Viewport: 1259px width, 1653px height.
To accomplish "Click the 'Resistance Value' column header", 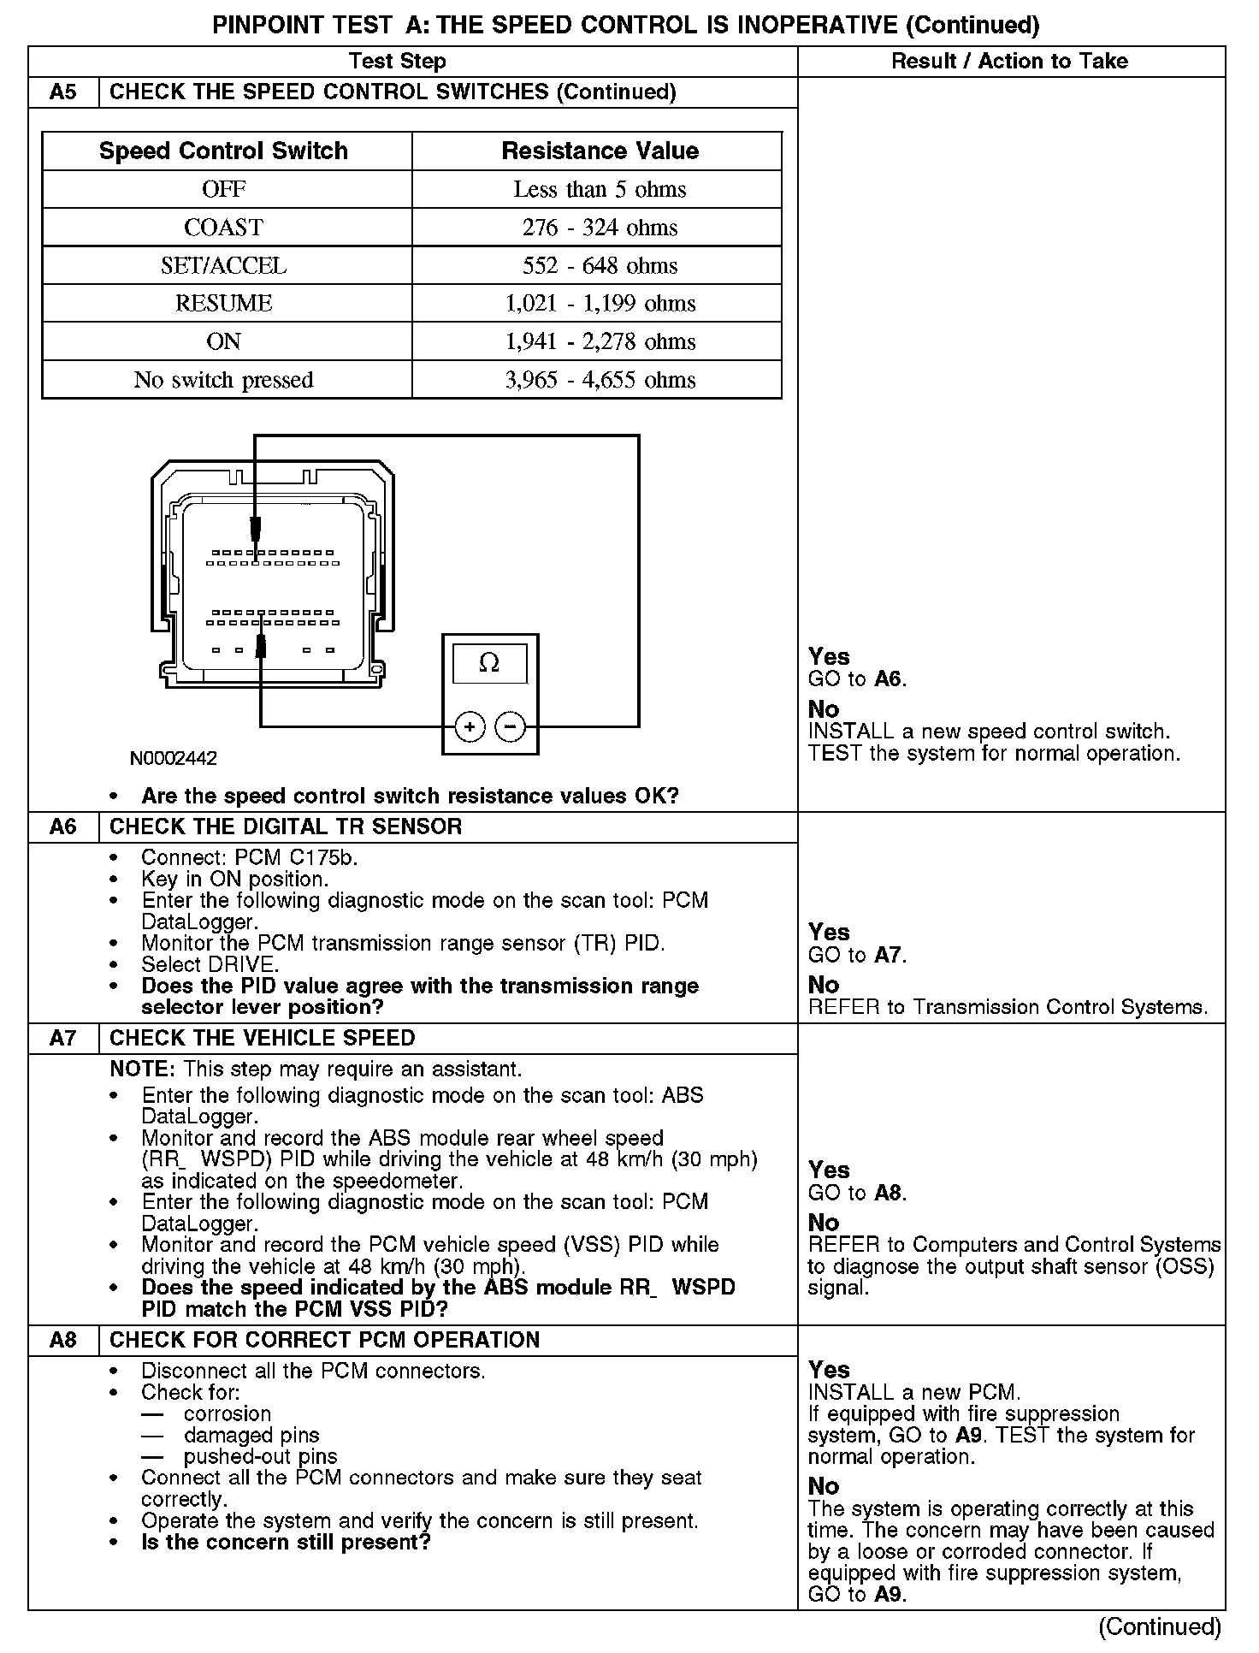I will click(600, 151).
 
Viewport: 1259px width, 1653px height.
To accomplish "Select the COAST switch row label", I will click(223, 228).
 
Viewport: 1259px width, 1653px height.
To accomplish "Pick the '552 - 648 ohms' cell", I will click(600, 265).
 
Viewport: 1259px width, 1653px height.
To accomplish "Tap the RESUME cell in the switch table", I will click(223, 304).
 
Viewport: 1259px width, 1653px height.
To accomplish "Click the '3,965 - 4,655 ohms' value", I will click(600, 380).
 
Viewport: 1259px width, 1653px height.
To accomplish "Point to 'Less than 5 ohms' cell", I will click(600, 189).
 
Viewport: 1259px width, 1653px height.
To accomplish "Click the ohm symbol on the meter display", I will click(489, 663).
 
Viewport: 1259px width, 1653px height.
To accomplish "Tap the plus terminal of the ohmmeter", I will click(469, 727).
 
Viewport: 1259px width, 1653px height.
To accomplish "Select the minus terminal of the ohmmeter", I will click(510, 727).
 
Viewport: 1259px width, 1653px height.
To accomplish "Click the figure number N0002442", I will click(174, 759).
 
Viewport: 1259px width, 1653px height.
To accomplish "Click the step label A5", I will click(63, 92).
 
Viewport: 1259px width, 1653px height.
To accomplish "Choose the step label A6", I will click(63, 826).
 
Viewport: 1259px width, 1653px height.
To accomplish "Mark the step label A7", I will click(63, 1038).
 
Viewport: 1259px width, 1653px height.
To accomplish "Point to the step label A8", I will click(63, 1340).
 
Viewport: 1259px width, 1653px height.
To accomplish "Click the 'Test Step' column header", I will click(397, 61).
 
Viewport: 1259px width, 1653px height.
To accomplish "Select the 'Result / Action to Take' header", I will click(1009, 61).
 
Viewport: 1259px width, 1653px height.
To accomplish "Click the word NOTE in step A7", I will click(142, 1069).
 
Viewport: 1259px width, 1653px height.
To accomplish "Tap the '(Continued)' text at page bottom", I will click(1160, 1626).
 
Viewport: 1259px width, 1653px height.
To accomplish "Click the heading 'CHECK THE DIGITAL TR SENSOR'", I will click(286, 826).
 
